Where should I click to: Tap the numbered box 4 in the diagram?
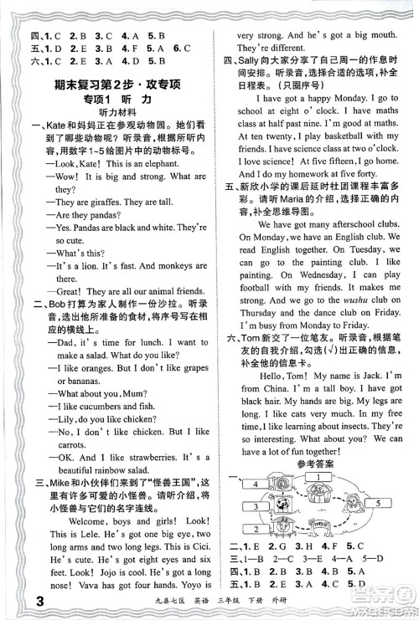255,484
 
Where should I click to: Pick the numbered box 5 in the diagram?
378,502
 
